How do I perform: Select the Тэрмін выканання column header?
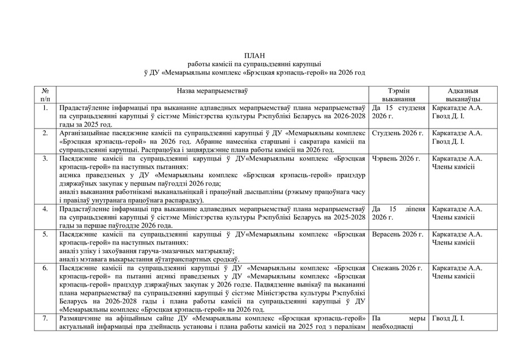pos(399,95)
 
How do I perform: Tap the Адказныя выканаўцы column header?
pos(463,95)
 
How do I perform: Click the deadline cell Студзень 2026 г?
pos(398,133)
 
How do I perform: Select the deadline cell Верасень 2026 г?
pos(398,234)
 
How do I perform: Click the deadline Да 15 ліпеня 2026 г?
pos(398,213)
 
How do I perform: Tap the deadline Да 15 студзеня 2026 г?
pos(398,112)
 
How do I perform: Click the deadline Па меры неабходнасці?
pos(398,323)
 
